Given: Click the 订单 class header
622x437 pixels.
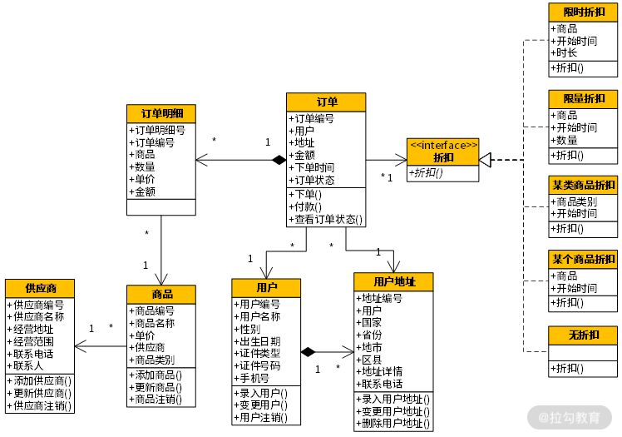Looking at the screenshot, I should point(326,102).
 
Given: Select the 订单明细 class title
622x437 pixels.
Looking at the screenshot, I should point(161,113).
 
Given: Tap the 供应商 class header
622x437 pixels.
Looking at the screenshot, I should point(40,288).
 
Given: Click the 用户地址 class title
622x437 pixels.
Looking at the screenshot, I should point(393,282).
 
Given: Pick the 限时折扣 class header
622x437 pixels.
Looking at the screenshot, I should point(583,12).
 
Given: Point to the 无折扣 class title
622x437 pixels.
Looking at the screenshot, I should point(583,335).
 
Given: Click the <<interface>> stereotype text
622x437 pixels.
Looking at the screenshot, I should point(443,145).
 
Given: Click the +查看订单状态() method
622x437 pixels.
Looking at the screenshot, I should point(326,220).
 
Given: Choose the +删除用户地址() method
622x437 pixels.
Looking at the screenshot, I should point(393,424).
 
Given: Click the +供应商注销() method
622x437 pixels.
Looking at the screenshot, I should point(40,406).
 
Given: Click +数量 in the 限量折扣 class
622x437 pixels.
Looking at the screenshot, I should point(566,140).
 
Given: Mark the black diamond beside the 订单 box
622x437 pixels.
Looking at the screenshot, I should point(279,160).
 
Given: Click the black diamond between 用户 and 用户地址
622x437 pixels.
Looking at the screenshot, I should point(309,352).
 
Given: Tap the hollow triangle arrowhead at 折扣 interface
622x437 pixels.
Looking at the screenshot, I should point(486,160).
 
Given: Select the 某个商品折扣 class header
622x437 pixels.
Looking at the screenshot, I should point(583,259).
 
